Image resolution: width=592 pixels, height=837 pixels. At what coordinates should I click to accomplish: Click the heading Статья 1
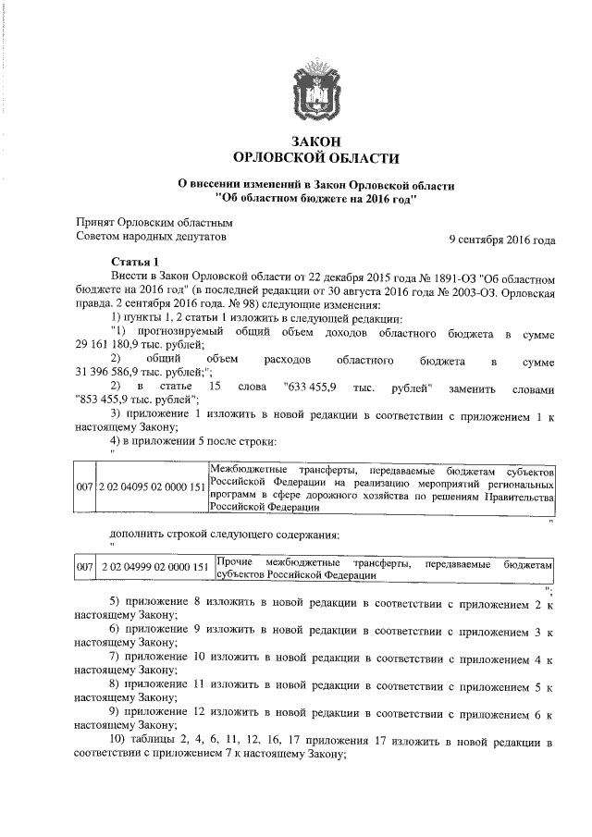click(x=134, y=262)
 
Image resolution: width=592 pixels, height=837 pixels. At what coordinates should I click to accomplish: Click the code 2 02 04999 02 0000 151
click(x=154, y=568)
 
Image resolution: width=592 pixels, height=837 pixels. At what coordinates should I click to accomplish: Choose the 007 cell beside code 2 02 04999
click(x=84, y=568)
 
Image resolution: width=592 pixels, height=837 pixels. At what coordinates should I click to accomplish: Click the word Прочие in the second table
click(x=233, y=562)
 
